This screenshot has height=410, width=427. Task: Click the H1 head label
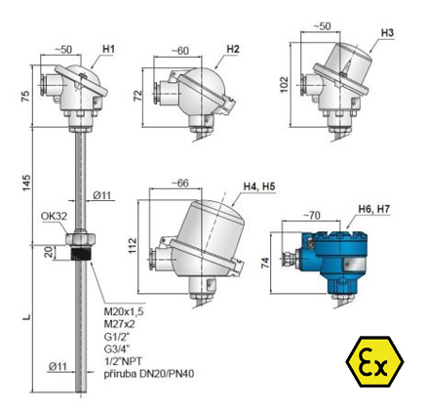[108, 49]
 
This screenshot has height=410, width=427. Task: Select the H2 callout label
[233, 49]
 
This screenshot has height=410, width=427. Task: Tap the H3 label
[387, 33]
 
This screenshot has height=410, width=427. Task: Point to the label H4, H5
[259, 186]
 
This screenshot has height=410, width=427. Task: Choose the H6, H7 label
[373, 209]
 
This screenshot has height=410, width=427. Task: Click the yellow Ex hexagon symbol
[374, 361]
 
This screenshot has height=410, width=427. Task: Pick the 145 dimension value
[26, 183]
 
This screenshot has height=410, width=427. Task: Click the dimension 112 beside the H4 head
[133, 246]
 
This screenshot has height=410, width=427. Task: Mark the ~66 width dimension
[180, 184]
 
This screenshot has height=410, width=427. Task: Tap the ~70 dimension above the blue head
[312, 215]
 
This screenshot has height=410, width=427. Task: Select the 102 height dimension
[284, 85]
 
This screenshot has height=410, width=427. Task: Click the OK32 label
[54, 216]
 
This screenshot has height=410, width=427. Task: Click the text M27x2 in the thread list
[119, 324]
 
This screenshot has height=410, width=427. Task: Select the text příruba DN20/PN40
[149, 374]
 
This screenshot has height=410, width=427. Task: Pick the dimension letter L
[27, 316]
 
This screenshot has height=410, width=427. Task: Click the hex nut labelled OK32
[80, 238]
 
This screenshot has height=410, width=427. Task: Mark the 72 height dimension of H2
[138, 96]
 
